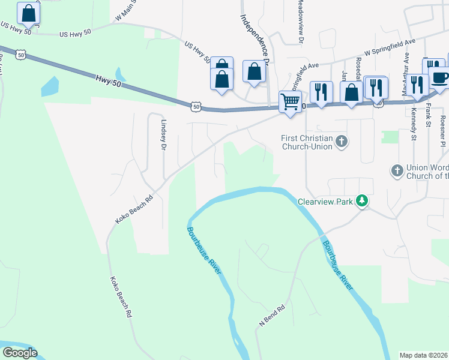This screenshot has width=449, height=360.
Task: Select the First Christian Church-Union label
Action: click(x=307, y=142)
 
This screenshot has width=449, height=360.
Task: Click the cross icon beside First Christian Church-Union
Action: click(x=342, y=142)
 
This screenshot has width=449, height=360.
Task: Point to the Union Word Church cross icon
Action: click(x=396, y=171)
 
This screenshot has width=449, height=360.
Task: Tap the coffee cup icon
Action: click(x=440, y=78)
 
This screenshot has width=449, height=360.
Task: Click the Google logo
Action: click(x=20, y=352)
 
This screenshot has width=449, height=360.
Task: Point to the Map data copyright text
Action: click(x=423, y=355)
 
